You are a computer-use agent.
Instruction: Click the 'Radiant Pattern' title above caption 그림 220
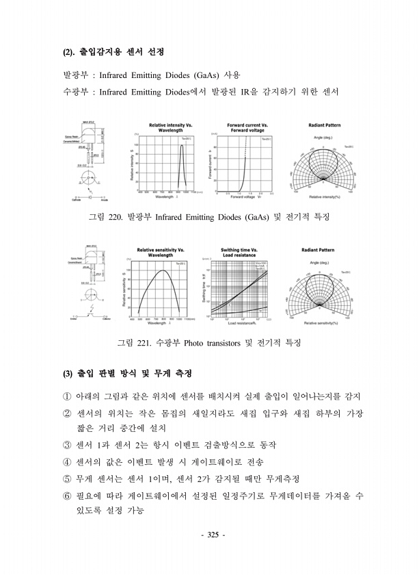click(x=325, y=126)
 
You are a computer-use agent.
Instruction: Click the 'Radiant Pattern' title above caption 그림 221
click(x=325, y=250)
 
